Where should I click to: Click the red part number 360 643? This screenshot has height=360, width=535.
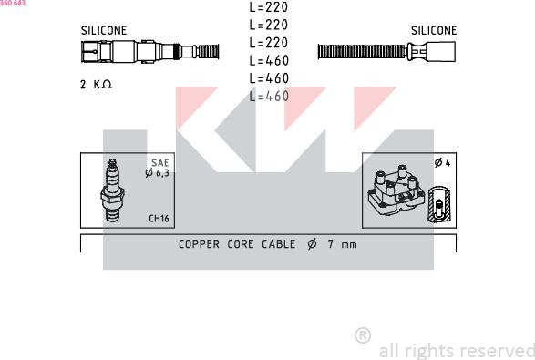click(13, 4)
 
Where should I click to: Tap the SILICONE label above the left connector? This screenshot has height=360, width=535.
click(104, 30)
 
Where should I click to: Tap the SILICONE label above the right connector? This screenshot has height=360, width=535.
click(434, 30)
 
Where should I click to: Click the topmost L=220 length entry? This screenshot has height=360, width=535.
click(268, 7)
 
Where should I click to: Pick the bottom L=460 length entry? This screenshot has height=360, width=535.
click(268, 96)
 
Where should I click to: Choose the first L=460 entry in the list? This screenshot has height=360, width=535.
click(268, 60)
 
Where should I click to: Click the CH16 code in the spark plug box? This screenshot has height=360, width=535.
click(159, 219)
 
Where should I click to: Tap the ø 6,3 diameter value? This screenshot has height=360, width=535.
click(157, 172)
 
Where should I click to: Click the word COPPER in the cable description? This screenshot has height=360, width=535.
click(199, 244)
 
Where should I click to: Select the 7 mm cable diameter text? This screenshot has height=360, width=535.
click(343, 244)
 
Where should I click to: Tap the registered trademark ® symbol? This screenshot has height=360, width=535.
click(362, 335)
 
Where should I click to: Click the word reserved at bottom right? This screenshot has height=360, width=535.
click(499, 351)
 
